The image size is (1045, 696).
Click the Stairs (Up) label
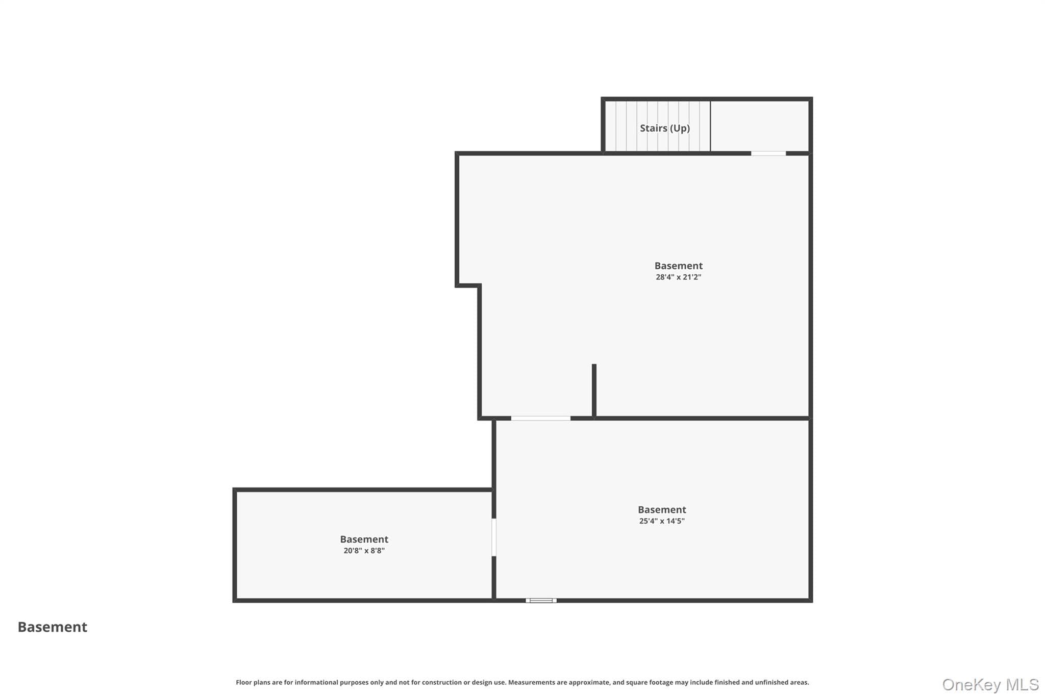pos(665,128)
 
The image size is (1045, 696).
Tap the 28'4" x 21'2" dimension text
pos(679,277)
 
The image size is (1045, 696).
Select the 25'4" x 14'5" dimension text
pos(662,521)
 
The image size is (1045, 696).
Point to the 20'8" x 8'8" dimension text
pos(364,551)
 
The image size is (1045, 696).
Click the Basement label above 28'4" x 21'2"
pos(679,266)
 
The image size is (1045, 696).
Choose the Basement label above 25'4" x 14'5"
pos(662,509)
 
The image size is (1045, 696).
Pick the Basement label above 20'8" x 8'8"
pos(364,539)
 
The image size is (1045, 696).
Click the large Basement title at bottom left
pos(53,627)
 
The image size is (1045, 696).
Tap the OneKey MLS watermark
pos(990,684)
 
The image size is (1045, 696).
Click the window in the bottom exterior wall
pos(541,601)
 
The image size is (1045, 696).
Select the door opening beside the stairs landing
pos(768,153)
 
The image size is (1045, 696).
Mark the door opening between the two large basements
pos(541,419)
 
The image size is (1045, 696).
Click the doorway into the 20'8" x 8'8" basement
pos(494,537)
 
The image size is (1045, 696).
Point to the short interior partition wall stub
pos(594,391)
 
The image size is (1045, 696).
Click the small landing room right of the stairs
pos(759,126)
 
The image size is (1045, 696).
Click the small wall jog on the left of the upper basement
pos(468,286)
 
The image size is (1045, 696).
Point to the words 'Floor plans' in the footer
pos(252,682)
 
